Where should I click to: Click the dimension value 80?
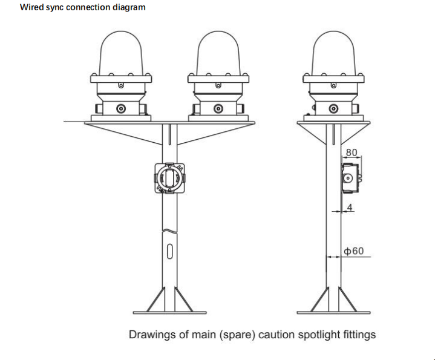point(352,152)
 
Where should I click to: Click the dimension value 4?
point(350,208)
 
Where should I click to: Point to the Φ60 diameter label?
point(354,251)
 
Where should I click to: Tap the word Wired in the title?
point(31,8)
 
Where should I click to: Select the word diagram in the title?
point(129,8)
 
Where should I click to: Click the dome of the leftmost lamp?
point(121,51)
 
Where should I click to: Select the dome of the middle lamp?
point(218,51)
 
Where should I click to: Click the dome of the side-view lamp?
point(333,51)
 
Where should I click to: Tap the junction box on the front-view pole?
point(170,179)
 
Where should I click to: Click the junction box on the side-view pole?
point(350,178)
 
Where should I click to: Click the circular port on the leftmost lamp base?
point(121,109)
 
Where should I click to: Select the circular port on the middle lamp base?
point(218,109)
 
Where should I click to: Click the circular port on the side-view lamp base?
point(333,109)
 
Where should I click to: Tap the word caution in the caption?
point(278,335)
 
